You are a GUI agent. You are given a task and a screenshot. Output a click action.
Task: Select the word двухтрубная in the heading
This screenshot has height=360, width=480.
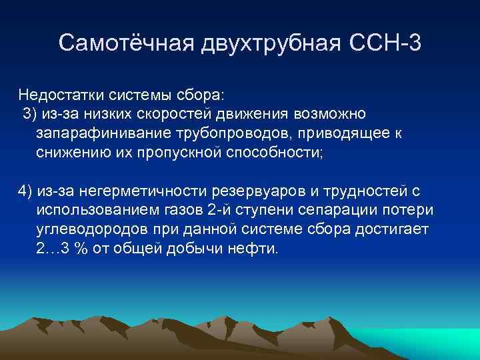271,43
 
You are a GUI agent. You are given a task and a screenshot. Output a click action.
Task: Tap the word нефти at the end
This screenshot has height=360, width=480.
256,249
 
